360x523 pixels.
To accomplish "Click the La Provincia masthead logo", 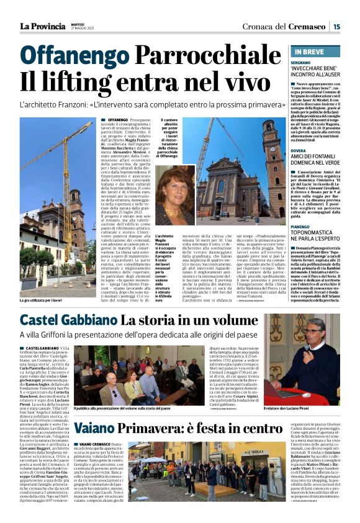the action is pyautogui.click(x=42, y=26).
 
